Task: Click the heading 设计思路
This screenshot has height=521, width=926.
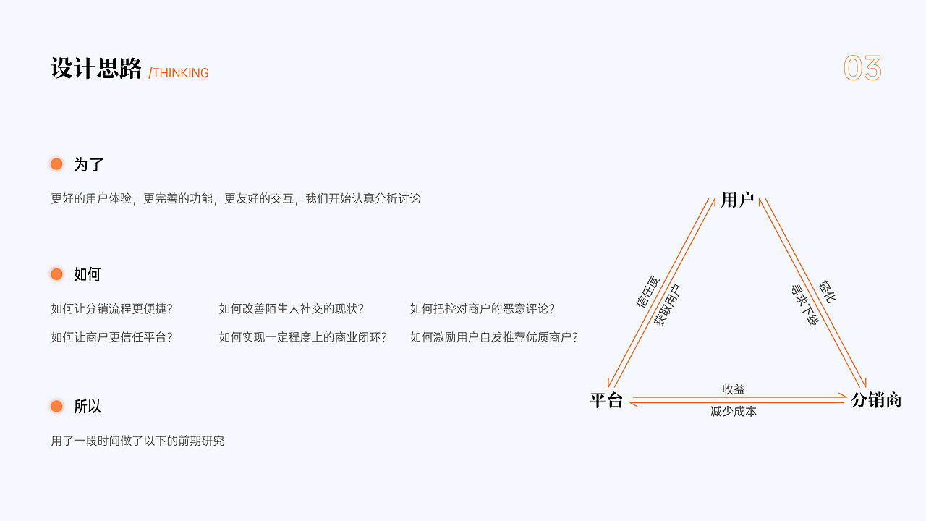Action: [x=96, y=68]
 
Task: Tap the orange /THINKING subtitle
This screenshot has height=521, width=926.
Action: [x=179, y=73]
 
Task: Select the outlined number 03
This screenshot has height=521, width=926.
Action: [x=862, y=68]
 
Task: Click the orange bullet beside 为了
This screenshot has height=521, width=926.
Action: [x=56, y=164]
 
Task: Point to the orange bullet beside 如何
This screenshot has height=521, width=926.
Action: [x=56, y=274]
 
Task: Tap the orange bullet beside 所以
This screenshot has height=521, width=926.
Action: [x=56, y=406]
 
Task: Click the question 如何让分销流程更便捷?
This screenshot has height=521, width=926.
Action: [x=111, y=309]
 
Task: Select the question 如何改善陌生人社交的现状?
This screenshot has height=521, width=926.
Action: [x=291, y=309]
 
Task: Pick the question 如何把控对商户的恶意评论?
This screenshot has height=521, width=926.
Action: [x=482, y=309]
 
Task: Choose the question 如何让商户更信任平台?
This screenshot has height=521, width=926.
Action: [x=111, y=337]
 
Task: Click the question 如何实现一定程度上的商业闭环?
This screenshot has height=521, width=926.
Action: [x=302, y=337]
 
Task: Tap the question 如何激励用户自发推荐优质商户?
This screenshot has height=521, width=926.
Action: [x=493, y=337]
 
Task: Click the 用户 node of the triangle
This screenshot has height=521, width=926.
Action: [x=737, y=200]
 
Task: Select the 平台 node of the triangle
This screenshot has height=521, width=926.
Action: [x=606, y=400]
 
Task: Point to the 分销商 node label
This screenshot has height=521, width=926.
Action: [x=876, y=400]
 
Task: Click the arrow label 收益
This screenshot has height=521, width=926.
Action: [x=734, y=389]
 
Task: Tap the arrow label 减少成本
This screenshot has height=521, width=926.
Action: [x=734, y=412]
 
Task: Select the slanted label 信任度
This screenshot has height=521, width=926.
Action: [x=648, y=292]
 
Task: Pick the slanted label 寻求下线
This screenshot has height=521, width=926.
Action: [x=804, y=305]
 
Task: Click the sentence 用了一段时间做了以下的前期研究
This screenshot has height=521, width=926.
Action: [x=137, y=441]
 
